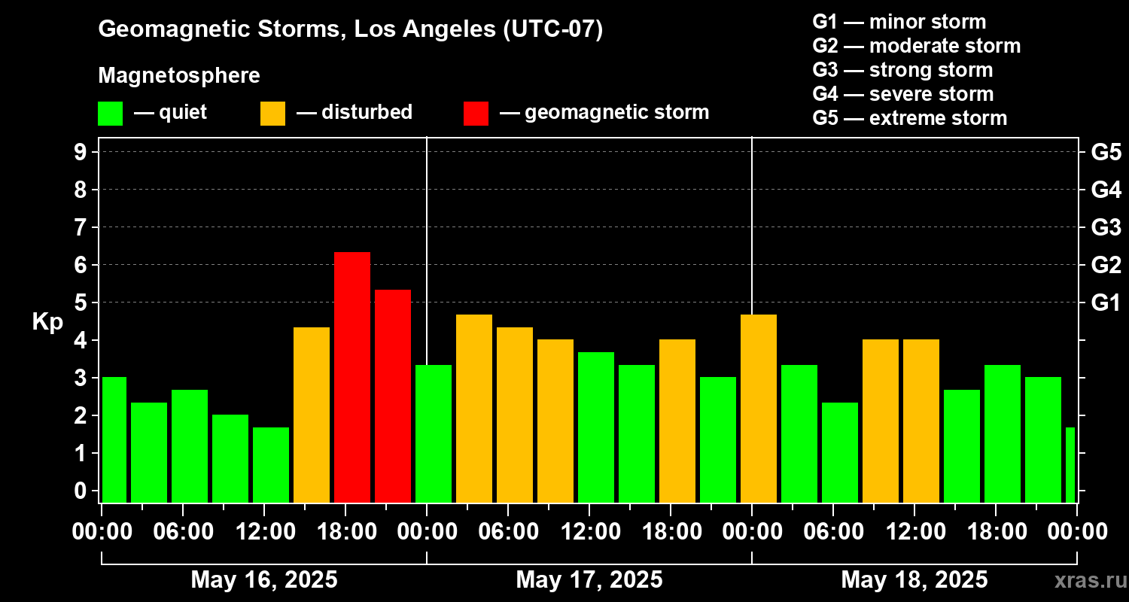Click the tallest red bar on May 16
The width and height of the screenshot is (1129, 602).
pyautogui.click(x=352, y=377)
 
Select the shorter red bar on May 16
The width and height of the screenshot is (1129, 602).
pyautogui.click(x=393, y=396)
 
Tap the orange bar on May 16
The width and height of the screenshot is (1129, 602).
pyautogui.click(x=312, y=415)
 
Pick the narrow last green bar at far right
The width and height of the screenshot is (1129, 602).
pyautogui.click(x=1070, y=465)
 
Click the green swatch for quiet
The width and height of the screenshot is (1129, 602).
pyautogui.click(x=111, y=114)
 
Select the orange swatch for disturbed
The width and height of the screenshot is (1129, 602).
pyautogui.click(x=272, y=114)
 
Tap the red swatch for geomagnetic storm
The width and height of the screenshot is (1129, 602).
pyautogui.click(x=476, y=114)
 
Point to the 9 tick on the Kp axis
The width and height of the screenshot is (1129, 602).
pyautogui.click(x=80, y=152)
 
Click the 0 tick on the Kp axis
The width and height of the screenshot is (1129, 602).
pyautogui.click(x=80, y=490)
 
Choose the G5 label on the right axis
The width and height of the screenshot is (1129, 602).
pyautogui.click(x=1106, y=152)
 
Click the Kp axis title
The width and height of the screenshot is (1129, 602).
pyautogui.click(x=47, y=321)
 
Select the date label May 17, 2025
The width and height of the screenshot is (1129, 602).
pyautogui.click(x=589, y=579)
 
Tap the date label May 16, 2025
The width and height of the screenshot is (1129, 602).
pyautogui.click(x=264, y=579)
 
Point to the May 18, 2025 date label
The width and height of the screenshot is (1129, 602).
pyautogui.click(x=914, y=579)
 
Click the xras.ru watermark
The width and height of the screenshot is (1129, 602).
pyautogui.click(x=1091, y=580)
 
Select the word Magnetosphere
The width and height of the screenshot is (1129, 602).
pyautogui.click(x=179, y=75)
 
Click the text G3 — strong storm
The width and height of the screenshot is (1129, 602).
pyautogui.click(x=902, y=70)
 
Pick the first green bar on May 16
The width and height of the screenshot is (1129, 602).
pyautogui.click(x=114, y=439)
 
